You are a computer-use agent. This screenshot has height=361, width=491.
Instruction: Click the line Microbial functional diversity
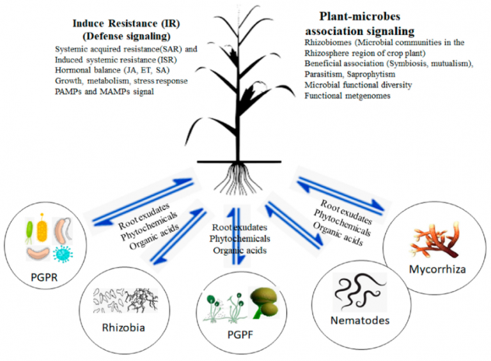click(x=358, y=84)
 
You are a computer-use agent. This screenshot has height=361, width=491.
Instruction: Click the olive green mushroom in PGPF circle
click(x=263, y=301)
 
